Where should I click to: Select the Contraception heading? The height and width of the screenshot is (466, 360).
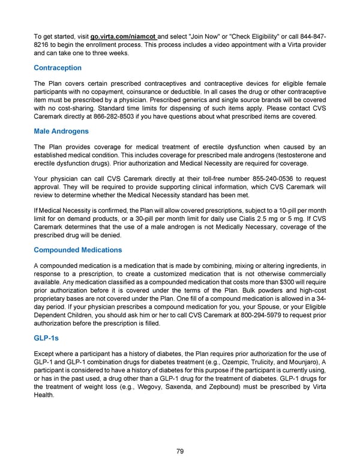pyautogui.click(x=58, y=68)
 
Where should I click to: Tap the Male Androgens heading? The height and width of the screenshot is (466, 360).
pyautogui.click(x=61, y=131)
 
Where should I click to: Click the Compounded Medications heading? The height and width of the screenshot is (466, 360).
pyautogui.click(x=78, y=250)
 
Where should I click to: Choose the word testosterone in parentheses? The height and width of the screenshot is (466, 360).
pyautogui.click(x=287, y=156)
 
